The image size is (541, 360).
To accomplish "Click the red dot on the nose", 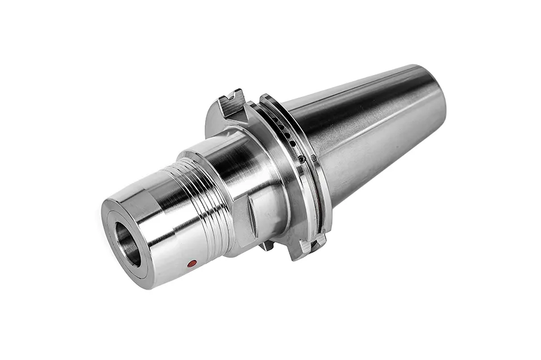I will pos(192,264).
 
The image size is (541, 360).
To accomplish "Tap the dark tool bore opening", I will pos(128,244).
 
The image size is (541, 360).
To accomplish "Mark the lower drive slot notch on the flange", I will pos(309,246).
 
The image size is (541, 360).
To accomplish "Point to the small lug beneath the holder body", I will pos(267,245).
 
